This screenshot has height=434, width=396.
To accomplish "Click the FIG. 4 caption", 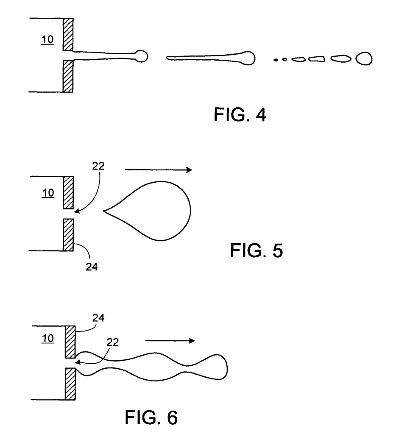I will coord(240,115).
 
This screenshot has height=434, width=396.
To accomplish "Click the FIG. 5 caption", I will coord(257,250).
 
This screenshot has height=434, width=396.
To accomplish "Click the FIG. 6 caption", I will coord(151,417).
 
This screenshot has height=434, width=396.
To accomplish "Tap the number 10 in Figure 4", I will coord(48,40).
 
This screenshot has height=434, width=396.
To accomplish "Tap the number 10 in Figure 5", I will coord(48,193).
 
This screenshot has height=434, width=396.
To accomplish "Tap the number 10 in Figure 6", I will coord(48,339).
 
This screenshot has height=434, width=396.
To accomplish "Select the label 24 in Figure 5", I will coord(92,267).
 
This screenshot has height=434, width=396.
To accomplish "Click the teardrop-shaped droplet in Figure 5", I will coord(157,211).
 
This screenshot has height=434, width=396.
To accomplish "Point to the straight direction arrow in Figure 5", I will coord(159,170).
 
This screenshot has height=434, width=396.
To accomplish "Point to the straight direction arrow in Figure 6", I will coord(170,340).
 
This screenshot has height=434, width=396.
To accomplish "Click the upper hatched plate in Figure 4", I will coord(68,34).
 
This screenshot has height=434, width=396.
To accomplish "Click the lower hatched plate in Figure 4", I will coord(68,76).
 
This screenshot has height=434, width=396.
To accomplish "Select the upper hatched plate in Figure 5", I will coord(68,192).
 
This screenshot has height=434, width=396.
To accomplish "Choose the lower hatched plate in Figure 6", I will coord(70,384).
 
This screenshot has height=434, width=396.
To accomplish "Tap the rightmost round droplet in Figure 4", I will coord(364,58).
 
